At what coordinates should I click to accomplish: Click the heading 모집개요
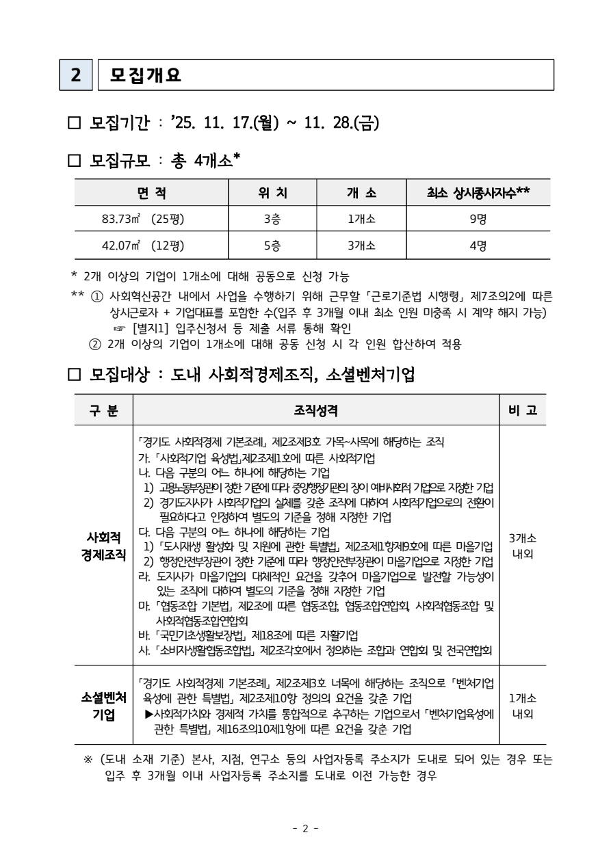coord(145,75)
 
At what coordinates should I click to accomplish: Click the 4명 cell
coord(478,245)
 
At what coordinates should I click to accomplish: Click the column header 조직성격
coord(315,410)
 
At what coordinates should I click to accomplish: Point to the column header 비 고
coord(523,410)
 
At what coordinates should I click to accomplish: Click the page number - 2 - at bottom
coord(305,829)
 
